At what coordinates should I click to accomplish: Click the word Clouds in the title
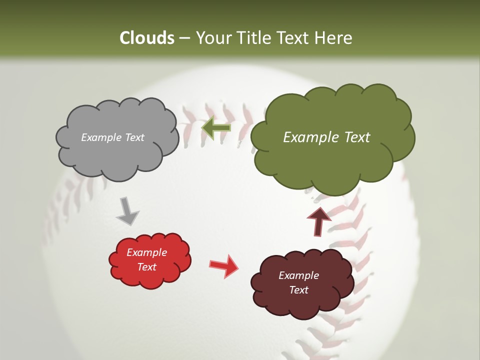tap(147, 38)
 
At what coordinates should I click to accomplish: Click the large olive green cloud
tap(332, 160)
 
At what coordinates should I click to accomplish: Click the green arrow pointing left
tap(216, 128)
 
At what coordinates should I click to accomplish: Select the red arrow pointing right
tap(223, 265)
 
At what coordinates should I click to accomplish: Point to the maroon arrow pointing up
tap(318, 221)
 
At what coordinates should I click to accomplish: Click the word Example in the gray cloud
tap(101, 137)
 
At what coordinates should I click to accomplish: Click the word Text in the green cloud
tap(353, 137)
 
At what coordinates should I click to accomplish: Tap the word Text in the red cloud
tap(147, 267)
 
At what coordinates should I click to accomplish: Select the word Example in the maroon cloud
tap(298, 275)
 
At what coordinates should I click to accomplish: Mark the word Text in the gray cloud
tap(134, 137)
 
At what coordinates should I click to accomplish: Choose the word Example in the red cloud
tap(147, 252)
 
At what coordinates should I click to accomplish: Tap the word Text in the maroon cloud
tap(298, 290)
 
